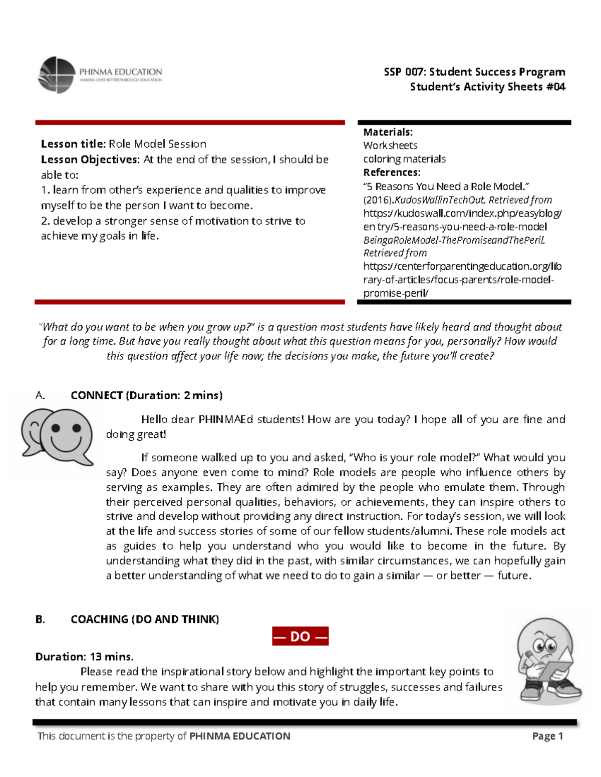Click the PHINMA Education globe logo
point(57,75)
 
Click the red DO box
point(300,636)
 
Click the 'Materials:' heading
point(388,132)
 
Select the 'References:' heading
point(392,173)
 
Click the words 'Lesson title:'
point(73,144)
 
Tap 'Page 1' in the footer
point(547,736)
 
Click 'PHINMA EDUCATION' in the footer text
point(239,736)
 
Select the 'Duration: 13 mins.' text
point(84,656)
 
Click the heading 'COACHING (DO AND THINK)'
point(145,619)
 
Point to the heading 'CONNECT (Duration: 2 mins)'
point(146,395)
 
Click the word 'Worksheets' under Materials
point(390,146)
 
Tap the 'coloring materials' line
point(404,159)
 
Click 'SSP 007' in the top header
point(403,72)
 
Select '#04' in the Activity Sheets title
point(555,87)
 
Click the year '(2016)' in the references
point(378,200)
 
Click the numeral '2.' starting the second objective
point(46,221)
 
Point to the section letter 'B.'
point(40,619)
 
